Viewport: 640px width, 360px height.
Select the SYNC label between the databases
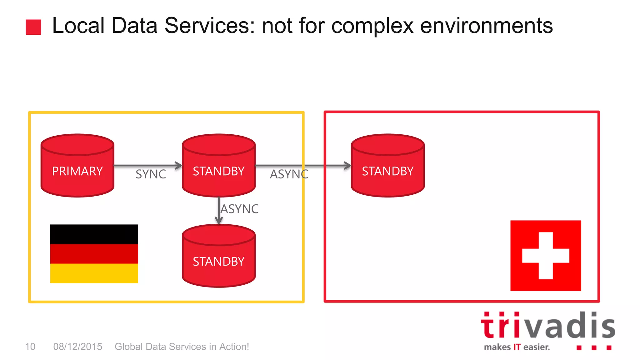pyautogui.click(x=151, y=174)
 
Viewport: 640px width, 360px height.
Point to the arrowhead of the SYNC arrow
pyautogui.click(x=179, y=165)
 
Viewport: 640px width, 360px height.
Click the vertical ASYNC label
pyautogui.click(x=240, y=209)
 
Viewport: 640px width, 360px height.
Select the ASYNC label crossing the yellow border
pyautogui.click(x=289, y=174)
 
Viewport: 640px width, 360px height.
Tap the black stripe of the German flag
pyautogui.click(x=94, y=234)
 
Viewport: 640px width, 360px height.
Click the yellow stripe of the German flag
pyautogui.click(x=94, y=273)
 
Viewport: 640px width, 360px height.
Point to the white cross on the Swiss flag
pyautogui.click(x=546, y=256)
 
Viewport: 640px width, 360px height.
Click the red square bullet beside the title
pyautogui.click(x=33, y=27)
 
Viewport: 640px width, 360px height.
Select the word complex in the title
pyautogui.click(x=372, y=26)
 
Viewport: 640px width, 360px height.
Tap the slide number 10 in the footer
pyautogui.click(x=30, y=347)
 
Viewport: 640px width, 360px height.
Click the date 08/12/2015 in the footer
pyautogui.click(x=77, y=347)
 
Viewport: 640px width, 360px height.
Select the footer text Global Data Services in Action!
pyautogui.click(x=182, y=347)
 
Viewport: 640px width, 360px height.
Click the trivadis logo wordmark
pyautogui.click(x=547, y=326)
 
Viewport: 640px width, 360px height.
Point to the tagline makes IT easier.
pyautogui.click(x=517, y=347)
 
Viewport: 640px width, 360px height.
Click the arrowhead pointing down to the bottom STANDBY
pyautogui.click(x=219, y=221)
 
